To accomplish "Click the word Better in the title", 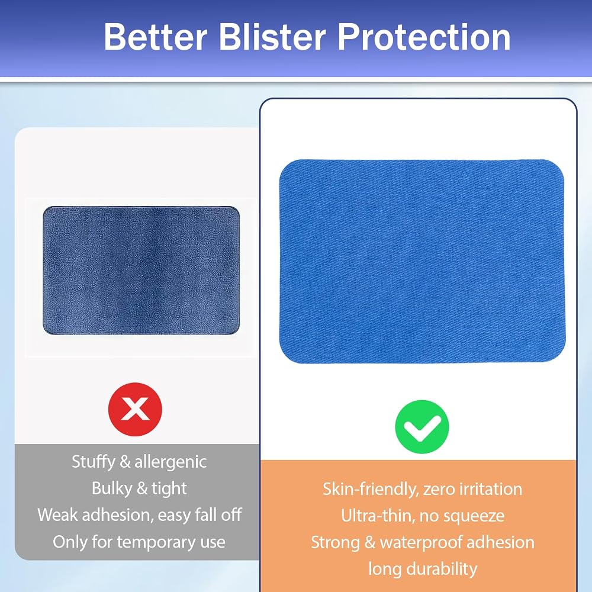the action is tap(156, 37).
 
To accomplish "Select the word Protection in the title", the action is tap(424, 37).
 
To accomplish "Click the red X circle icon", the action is tap(135, 409).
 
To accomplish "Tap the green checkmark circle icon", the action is tap(422, 427).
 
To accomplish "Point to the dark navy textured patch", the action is tap(141, 271).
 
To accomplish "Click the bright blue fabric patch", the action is tap(422, 261).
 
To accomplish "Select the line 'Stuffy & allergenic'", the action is tap(139, 462).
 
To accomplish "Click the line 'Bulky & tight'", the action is tap(139, 488).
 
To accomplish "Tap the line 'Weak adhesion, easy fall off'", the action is tap(139, 514).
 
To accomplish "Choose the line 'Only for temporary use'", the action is tap(139, 542).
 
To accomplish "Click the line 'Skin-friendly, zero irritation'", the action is tap(423, 490).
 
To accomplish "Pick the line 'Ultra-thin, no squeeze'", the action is tap(423, 516).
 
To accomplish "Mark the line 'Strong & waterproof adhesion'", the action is tap(423, 542).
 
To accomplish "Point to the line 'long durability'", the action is tap(423, 569).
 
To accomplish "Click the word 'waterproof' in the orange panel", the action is tap(420, 543).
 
